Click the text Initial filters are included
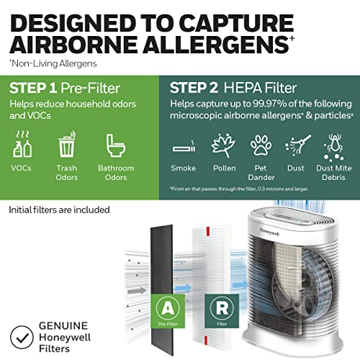pos(59,210)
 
